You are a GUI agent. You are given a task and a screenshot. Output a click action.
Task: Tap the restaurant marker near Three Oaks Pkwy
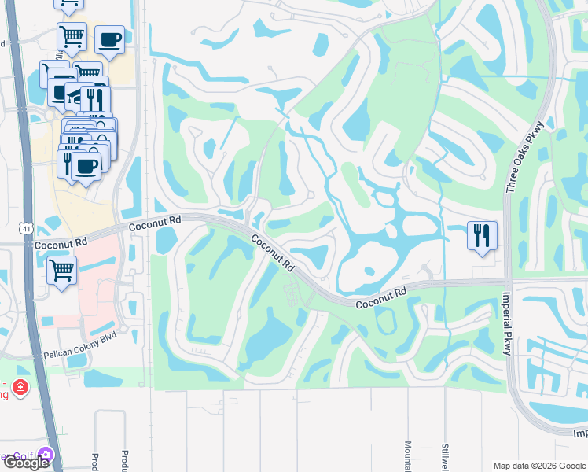coord(481,235)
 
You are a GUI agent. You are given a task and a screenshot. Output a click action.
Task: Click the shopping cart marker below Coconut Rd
coord(61,270)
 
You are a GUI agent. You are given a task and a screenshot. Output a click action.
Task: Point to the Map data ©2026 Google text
coord(538,466)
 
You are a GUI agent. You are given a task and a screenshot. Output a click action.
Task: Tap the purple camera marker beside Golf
coord(46,455)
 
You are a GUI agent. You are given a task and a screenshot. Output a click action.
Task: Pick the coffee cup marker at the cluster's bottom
coord(86,166)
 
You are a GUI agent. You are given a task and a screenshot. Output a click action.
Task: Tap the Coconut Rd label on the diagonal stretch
coord(273,252)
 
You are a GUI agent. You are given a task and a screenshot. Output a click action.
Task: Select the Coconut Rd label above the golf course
coord(154,223)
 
